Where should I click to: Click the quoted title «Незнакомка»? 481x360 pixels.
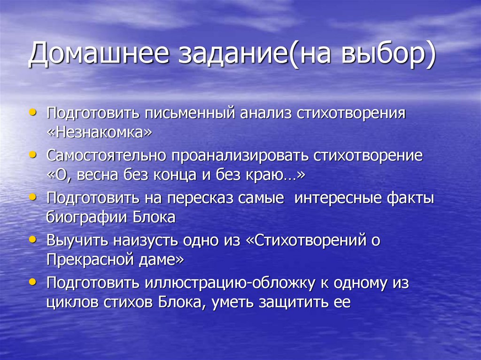[100, 133]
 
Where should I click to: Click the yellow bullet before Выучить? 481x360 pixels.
[31, 239]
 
